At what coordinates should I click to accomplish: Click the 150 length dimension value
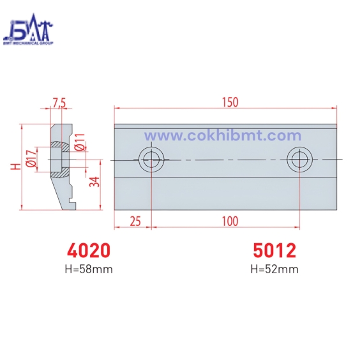pyautogui.click(x=230, y=102)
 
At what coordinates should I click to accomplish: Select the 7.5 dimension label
pyautogui.click(x=59, y=103)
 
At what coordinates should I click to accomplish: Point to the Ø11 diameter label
pyautogui.click(x=80, y=144)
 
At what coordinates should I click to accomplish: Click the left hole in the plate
pyautogui.click(x=152, y=159)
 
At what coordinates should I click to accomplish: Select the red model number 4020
pyautogui.click(x=89, y=250)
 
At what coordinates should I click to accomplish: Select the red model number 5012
pyautogui.click(x=274, y=250)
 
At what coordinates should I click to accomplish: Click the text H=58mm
pyautogui.click(x=89, y=269)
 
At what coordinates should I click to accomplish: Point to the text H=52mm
pyautogui.click(x=274, y=269)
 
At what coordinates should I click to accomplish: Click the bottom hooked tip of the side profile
pyautogui.click(x=71, y=205)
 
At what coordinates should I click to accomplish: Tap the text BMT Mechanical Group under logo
pyautogui.click(x=29, y=43)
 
